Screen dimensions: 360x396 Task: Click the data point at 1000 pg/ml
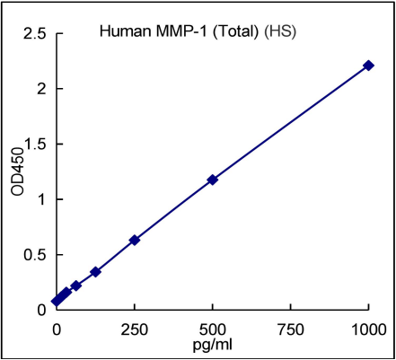(x=368, y=66)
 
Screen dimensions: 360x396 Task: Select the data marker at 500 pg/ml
(x=213, y=180)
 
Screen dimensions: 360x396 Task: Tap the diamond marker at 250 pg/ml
(x=135, y=240)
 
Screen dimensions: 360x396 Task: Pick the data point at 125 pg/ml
(x=95, y=271)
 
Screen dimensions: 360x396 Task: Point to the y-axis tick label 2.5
(x=37, y=34)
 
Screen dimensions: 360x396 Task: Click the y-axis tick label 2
(x=42, y=89)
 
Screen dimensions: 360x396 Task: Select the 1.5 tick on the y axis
(x=37, y=145)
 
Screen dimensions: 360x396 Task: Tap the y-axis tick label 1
(x=42, y=199)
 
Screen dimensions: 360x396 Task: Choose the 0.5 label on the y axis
(x=37, y=255)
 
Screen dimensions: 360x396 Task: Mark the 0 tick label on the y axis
(x=42, y=310)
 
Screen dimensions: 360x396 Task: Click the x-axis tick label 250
(x=135, y=328)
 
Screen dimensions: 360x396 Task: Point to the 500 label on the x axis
(x=213, y=328)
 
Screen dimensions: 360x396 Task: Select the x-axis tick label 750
(x=291, y=328)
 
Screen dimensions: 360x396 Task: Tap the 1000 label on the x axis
(x=368, y=328)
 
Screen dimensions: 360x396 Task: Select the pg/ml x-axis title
(x=213, y=344)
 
